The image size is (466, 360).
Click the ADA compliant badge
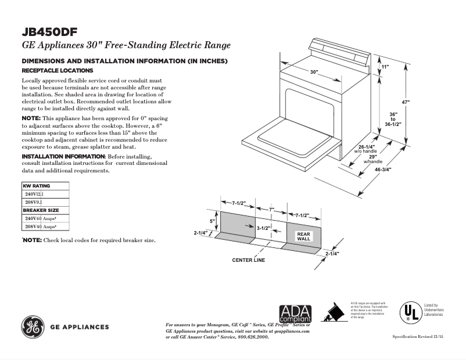(295, 314)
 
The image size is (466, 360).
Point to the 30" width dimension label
(314, 72)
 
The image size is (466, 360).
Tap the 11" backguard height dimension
(385, 67)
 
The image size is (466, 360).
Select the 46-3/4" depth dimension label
(383, 170)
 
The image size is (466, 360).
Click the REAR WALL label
(304, 236)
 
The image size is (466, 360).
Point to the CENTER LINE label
(248, 260)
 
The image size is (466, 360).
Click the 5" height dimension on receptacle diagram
(213, 221)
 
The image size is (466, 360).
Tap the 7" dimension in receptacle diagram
(271, 208)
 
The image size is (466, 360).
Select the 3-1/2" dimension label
(264, 229)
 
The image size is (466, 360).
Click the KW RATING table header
(37, 186)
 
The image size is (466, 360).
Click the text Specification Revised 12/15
(418, 337)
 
